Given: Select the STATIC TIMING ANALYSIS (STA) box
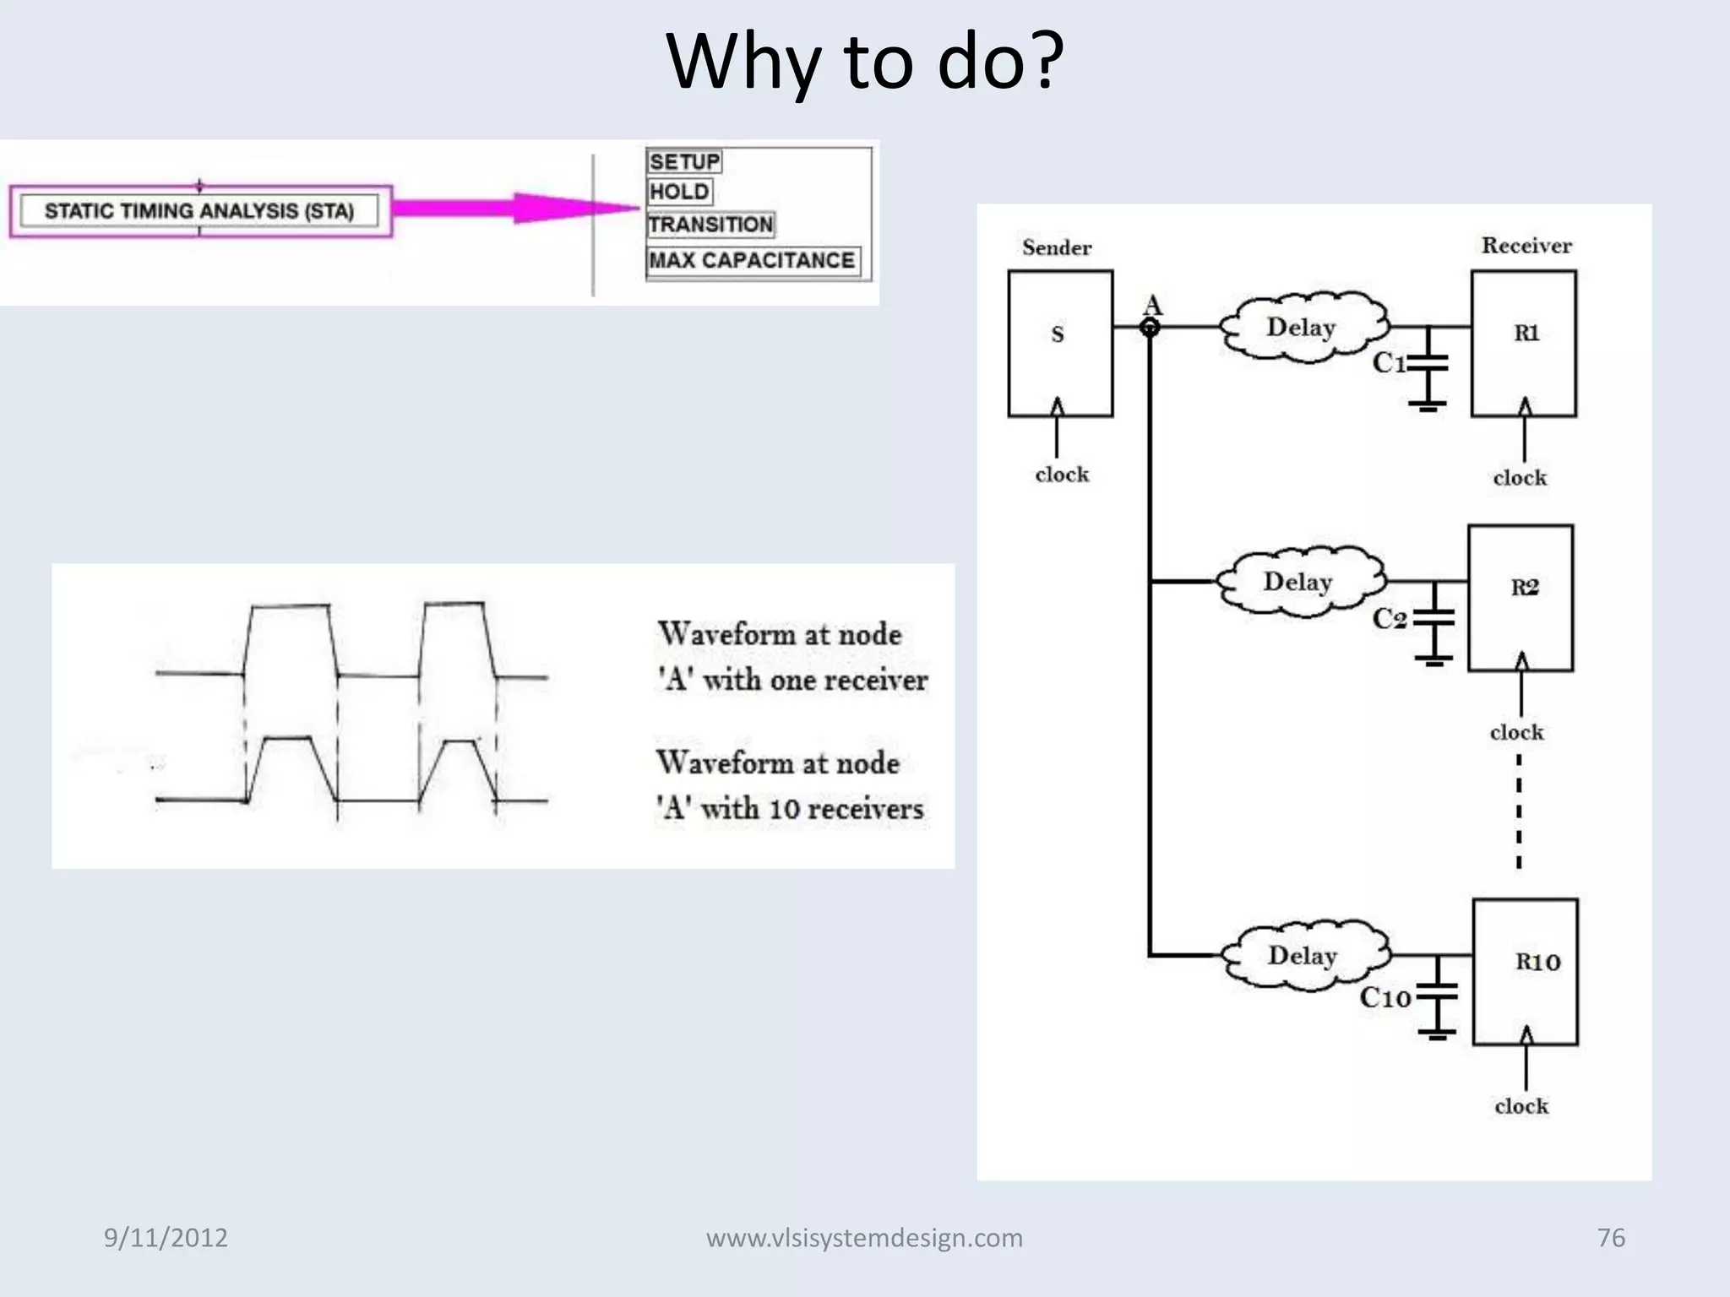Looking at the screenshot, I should [x=200, y=211].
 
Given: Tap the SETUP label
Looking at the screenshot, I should [x=684, y=161].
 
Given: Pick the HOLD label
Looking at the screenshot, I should [x=679, y=192].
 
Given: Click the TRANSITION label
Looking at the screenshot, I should [x=710, y=225].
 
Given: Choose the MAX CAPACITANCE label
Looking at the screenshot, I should [x=752, y=260].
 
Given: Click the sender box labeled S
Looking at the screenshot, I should [x=1059, y=343].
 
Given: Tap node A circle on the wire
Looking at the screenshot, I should [x=1150, y=328].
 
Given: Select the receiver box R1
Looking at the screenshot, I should [x=1523, y=343].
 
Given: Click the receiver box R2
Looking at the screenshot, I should [x=1521, y=597].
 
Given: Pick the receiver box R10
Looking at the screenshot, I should [x=1526, y=971].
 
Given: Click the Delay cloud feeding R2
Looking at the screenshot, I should [x=1299, y=583].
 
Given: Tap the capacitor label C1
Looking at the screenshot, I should [x=1389, y=363].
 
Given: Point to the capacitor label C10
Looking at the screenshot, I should [x=1385, y=997].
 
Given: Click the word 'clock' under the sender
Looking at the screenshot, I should [x=1062, y=475].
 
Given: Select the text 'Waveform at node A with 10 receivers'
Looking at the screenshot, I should [x=789, y=785].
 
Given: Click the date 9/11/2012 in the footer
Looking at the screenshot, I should [x=166, y=1238].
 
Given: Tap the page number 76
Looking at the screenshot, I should [x=1611, y=1238].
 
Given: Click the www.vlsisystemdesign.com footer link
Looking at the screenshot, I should [x=864, y=1238].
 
